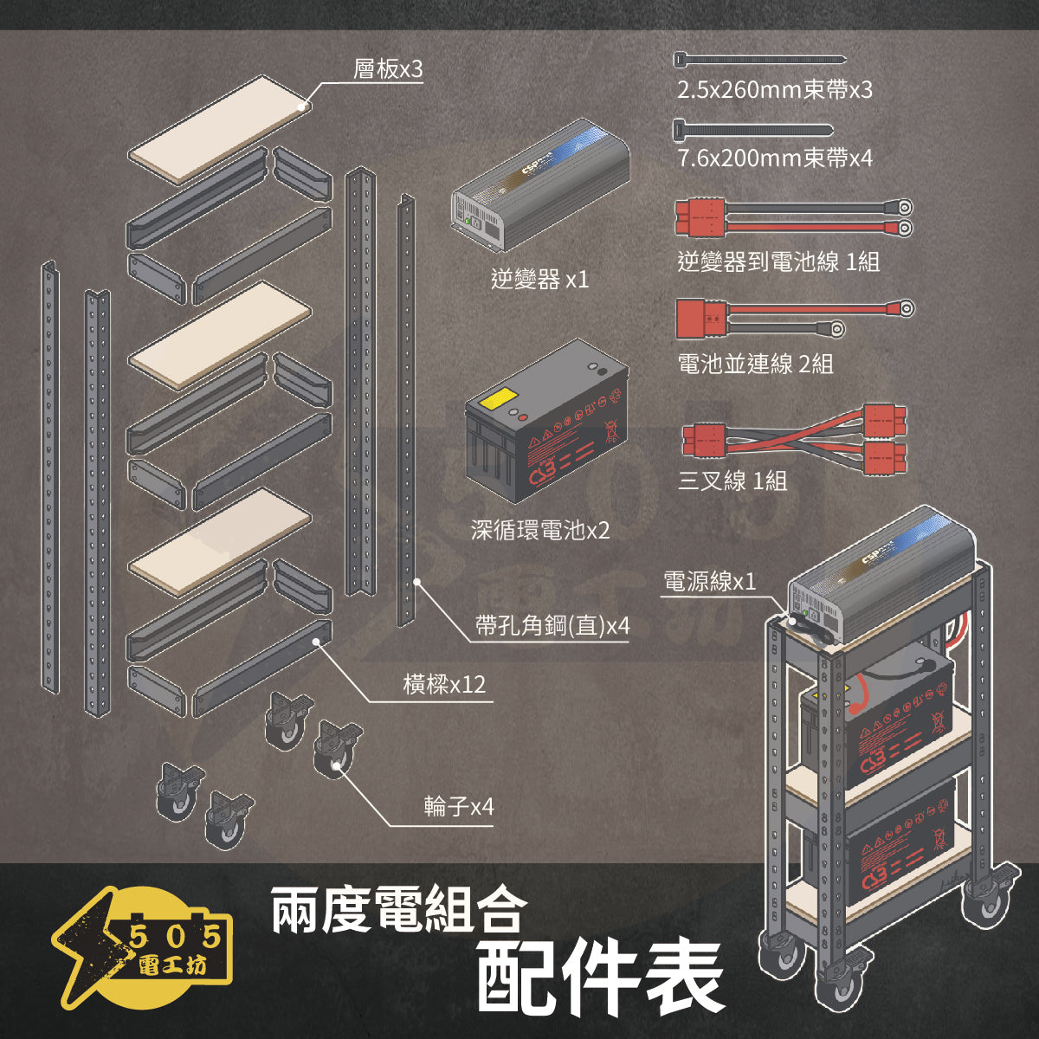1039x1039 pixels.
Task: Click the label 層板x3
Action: (x=388, y=69)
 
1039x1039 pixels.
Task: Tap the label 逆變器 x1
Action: (x=539, y=279)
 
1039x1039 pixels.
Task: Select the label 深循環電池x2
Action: (x=540, y=530)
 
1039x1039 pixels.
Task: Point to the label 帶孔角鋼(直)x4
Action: (x=552, y=625)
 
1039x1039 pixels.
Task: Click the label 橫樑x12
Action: (x=444, y=686)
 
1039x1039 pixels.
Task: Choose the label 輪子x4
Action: (x=459, y=807)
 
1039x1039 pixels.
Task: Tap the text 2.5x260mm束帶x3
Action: (x=774, y=90)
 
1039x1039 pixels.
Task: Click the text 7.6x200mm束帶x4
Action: (x=774, y=158)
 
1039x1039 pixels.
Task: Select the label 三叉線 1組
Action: (x=732, y=481)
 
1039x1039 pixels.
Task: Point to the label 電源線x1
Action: (x=709, y=581)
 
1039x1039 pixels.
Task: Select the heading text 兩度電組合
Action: (x=399, y=911)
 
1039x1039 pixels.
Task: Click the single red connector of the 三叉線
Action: (x=704, y=440)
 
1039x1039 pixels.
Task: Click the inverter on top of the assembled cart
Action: (x=883, y=576)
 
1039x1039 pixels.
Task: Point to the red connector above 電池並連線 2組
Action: (x=701, y=317)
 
